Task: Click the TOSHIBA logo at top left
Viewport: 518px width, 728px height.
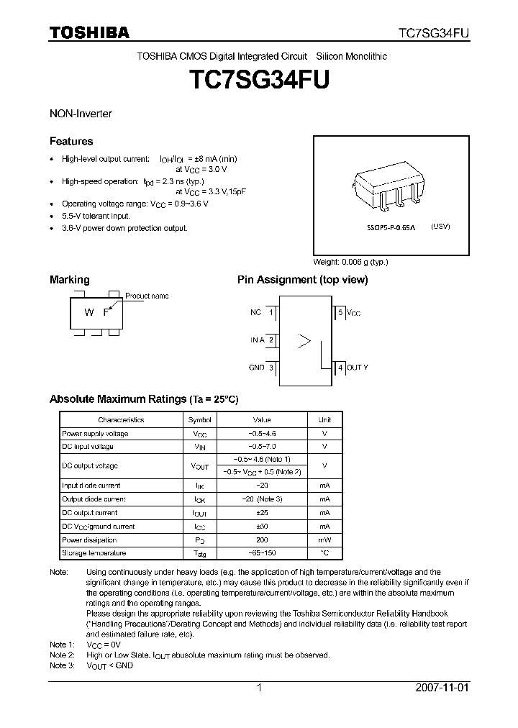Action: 89,32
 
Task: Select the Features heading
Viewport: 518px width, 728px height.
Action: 71,141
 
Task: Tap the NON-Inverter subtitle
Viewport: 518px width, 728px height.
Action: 81,114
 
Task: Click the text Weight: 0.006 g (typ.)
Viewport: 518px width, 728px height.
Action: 350,261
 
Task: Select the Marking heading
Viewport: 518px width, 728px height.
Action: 69,279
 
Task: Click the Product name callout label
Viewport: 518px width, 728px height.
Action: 147,296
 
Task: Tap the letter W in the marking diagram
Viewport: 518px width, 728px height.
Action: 88,312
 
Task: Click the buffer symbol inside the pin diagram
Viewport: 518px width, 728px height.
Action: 304,340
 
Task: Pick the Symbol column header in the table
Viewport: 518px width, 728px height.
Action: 200,420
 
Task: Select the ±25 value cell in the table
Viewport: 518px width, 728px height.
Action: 262,513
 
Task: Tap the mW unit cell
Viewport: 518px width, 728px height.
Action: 324,540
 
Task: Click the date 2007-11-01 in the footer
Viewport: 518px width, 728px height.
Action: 442,688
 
